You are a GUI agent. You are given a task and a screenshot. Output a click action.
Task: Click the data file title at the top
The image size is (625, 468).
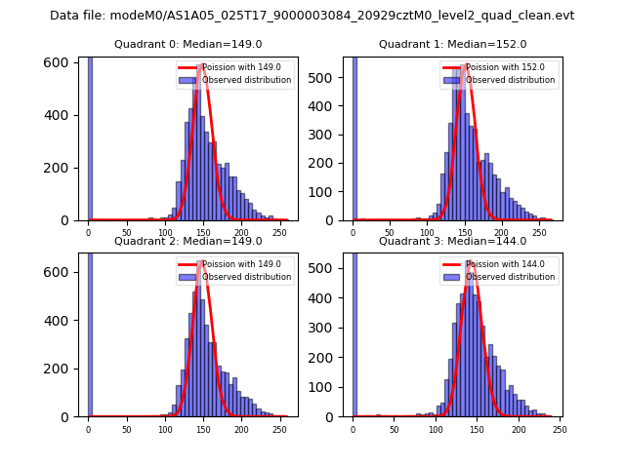tap(312, 16)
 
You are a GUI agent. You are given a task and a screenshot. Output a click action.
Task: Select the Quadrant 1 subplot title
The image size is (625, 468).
tap(452, 44)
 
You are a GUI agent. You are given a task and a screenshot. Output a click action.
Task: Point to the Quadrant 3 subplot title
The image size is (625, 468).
tap(452, 241)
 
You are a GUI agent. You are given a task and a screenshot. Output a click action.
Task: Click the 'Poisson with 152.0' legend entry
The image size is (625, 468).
tap(495, 67)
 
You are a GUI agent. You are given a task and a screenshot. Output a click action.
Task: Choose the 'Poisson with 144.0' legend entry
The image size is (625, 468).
tap(495, 264)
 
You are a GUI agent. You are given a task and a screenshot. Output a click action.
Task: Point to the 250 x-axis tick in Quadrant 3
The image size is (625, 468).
tap(560, 428)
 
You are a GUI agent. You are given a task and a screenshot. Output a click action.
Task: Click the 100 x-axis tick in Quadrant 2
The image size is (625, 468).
tap(165, 428)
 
